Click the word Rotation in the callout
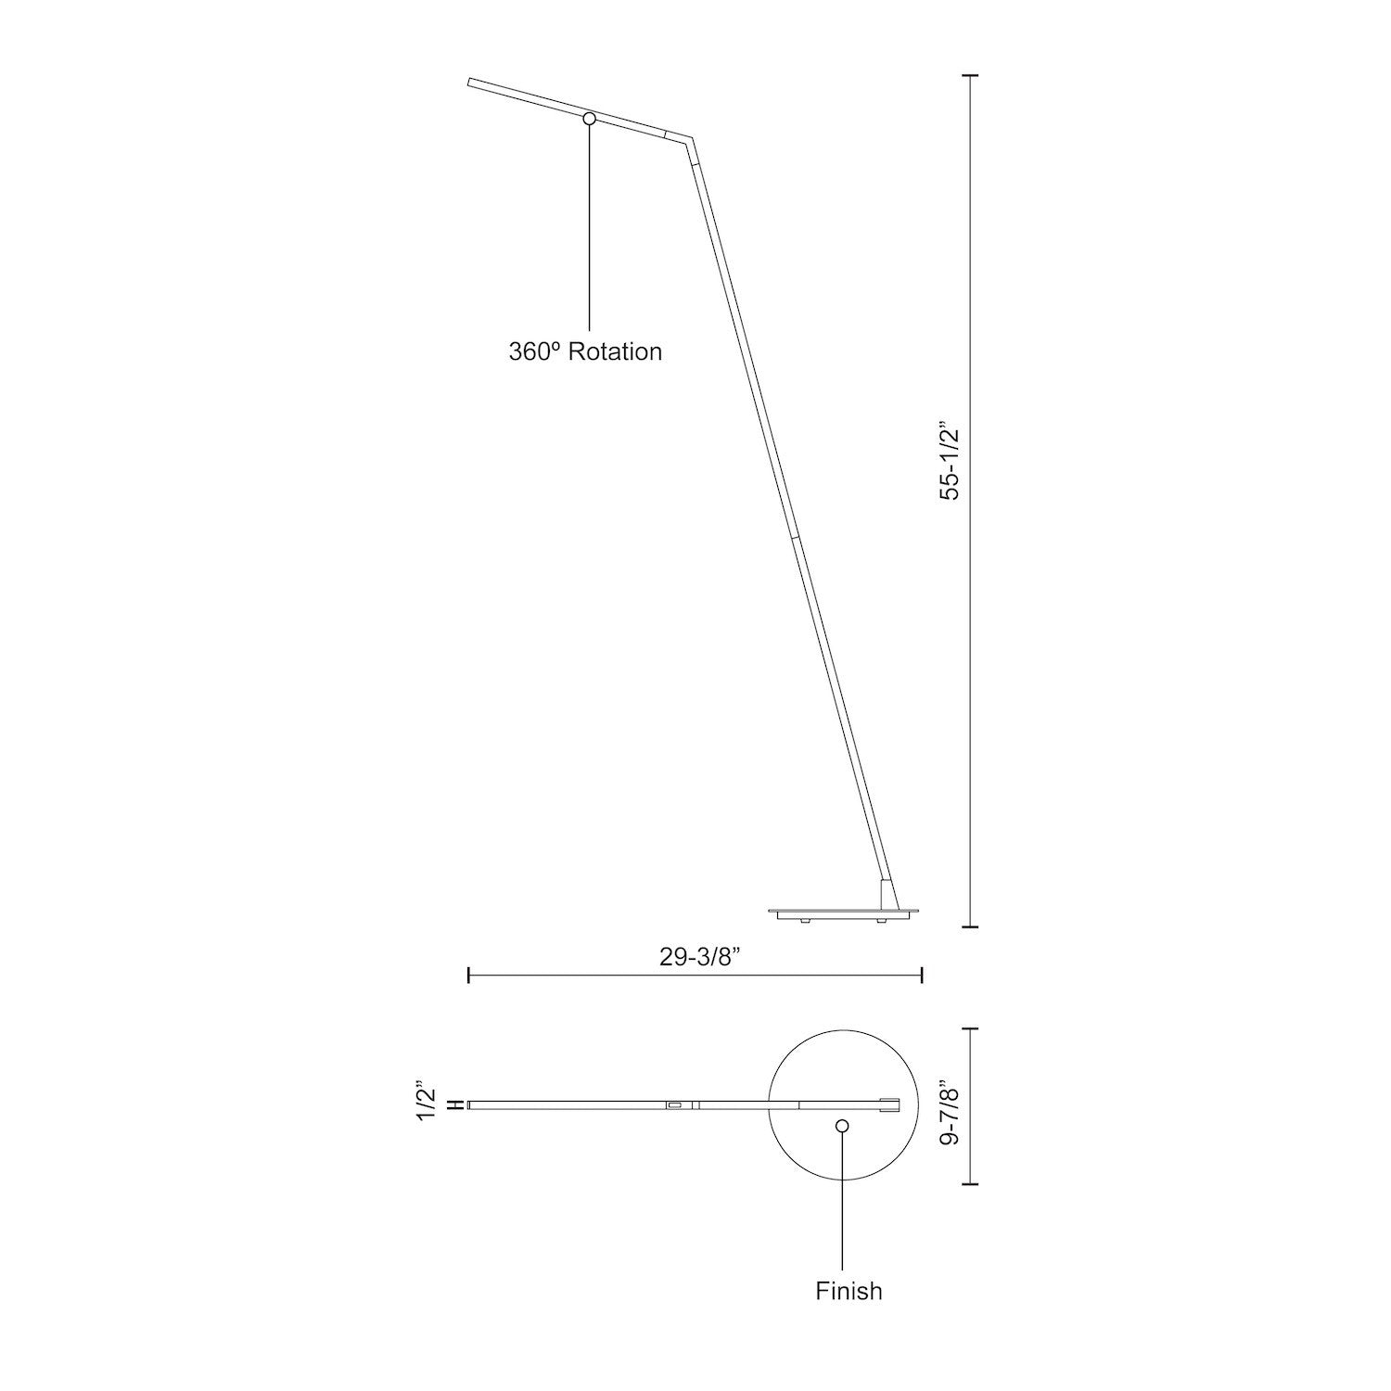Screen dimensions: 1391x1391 point(615,352)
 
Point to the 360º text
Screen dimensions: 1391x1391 point(534,352)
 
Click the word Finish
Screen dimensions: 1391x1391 point(849,1291)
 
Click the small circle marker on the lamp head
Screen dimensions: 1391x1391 point(589,119)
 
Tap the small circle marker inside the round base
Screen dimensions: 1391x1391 point(842,1126)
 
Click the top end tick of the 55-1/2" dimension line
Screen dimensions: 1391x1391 point(971,75)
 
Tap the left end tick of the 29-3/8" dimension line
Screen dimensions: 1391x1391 point(469,975)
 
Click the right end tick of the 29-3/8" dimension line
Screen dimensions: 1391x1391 point(921,975)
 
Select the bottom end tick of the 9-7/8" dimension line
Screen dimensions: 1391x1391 point(971,1184)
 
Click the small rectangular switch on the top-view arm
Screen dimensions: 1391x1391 point(673,1105)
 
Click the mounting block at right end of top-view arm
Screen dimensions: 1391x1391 point(888,1104)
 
